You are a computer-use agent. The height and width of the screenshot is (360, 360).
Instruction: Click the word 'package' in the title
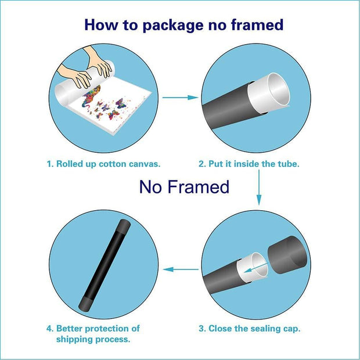pos(173,26)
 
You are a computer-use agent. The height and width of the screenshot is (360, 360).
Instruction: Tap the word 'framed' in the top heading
pos(257,24)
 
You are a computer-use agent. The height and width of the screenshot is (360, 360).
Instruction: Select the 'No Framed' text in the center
pos(184,186)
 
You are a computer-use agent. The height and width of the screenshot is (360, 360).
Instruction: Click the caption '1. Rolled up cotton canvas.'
pos(103,164)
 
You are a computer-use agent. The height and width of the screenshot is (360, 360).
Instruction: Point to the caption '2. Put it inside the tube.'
pos(249,164)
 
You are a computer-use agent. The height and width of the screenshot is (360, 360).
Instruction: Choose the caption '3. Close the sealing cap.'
pos(250,329)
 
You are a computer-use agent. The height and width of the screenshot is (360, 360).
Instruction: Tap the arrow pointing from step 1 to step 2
pos(180,98)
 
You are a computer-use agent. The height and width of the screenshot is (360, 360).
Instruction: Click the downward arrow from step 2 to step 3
pos(259,188)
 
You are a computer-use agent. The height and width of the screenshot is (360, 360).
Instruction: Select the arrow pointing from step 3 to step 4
pos(181,269)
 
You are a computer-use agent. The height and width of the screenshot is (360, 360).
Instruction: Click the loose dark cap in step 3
pos(287,255)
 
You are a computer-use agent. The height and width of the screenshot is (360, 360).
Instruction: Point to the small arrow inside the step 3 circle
pos(255,268)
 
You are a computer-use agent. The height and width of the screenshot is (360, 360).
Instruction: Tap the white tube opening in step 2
pos(269,93)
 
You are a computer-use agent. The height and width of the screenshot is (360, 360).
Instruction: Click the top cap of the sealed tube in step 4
pos(124,225)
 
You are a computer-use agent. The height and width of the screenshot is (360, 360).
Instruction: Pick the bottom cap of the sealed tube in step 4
pos(85,304)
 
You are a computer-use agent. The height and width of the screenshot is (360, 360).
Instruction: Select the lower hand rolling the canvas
pos(75,75)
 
